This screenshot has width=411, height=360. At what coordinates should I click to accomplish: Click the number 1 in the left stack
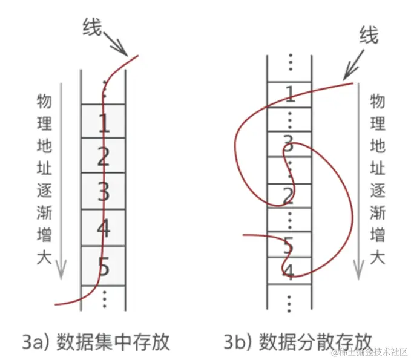[104, 123]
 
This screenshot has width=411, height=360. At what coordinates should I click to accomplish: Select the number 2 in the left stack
[104, 157]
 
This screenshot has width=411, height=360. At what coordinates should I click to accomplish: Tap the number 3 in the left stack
[104, 192]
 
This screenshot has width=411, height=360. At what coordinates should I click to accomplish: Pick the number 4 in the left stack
[104, 229]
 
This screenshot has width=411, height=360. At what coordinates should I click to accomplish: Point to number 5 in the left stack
[104, 265]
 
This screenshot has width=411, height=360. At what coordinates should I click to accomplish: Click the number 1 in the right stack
[289, 93]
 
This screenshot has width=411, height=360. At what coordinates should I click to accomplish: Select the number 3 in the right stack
[289, 143]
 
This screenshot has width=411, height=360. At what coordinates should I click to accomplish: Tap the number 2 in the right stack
[289, 195]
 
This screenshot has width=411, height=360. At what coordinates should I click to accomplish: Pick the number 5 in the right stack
[289, 245]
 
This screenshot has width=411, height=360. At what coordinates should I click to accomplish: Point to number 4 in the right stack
[289, 270]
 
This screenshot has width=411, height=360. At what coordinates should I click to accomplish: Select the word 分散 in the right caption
[315, 341]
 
